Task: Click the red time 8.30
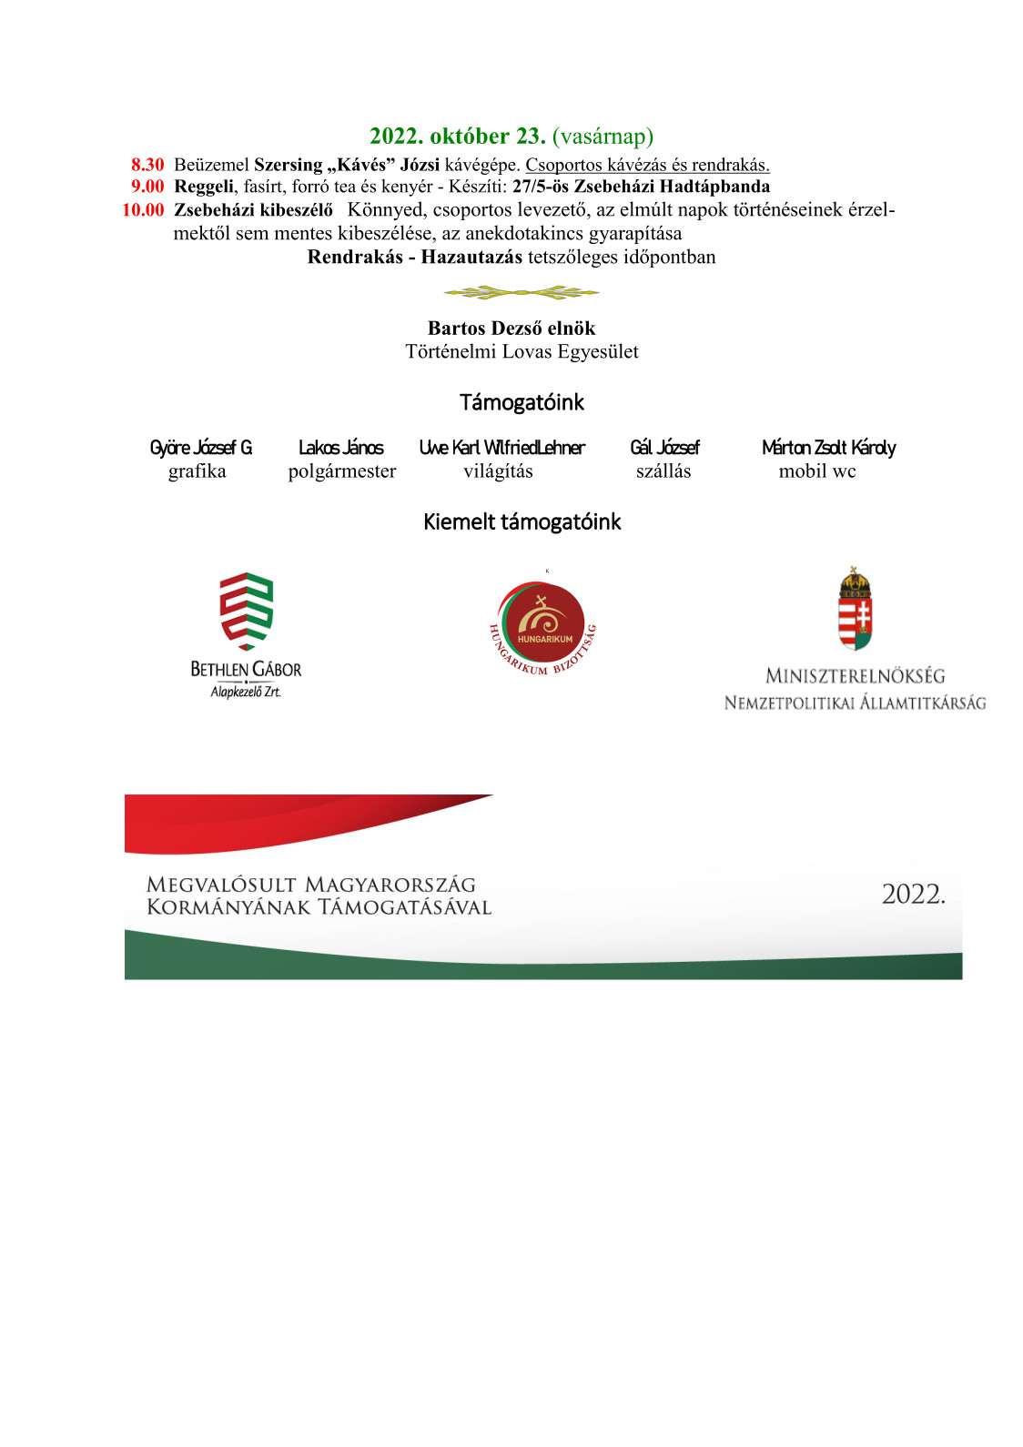click(x=147, y=165)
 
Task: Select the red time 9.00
click(x=147, y=187)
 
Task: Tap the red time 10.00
click(x=143, y=210)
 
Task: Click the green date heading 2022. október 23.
click(x=457, y=137)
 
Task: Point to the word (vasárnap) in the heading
click(x=603, y=137)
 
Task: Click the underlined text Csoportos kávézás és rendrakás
click(x=647, y=165)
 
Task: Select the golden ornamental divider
click(x=522, y=292)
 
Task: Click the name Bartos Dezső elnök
click(x=511, y=329)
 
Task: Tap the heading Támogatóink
click(x=522, y=402)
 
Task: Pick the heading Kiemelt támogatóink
click(x=522, y=521)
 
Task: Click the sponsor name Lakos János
click(x=341, y=448)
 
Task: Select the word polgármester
click(x=342, y=471)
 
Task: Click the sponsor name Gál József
click(x=664, y=448)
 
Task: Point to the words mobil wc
click(x=817, y=471)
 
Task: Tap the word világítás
click(x=498, y=471)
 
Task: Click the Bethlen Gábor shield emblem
click(x=246, y=611)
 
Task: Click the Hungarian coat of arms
click(x=855, y=609)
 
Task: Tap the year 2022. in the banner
click(x=913, y=895)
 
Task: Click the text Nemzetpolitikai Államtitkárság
click(x=855, y=703)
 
